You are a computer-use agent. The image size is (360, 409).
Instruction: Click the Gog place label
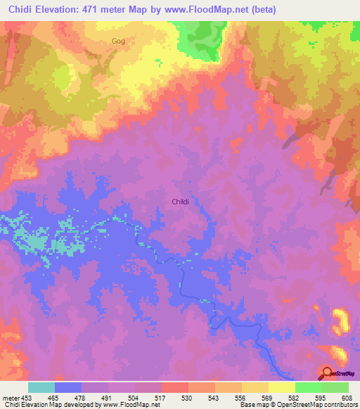(x=118, y=41)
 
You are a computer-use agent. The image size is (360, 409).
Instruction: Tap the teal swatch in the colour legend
(x=41, y=387)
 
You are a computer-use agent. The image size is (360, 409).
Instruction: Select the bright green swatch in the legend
(x=308, y=387)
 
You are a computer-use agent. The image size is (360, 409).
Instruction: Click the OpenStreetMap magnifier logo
(x=326, y=373)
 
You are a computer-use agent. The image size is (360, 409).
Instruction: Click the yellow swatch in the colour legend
(x=281, y=387)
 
